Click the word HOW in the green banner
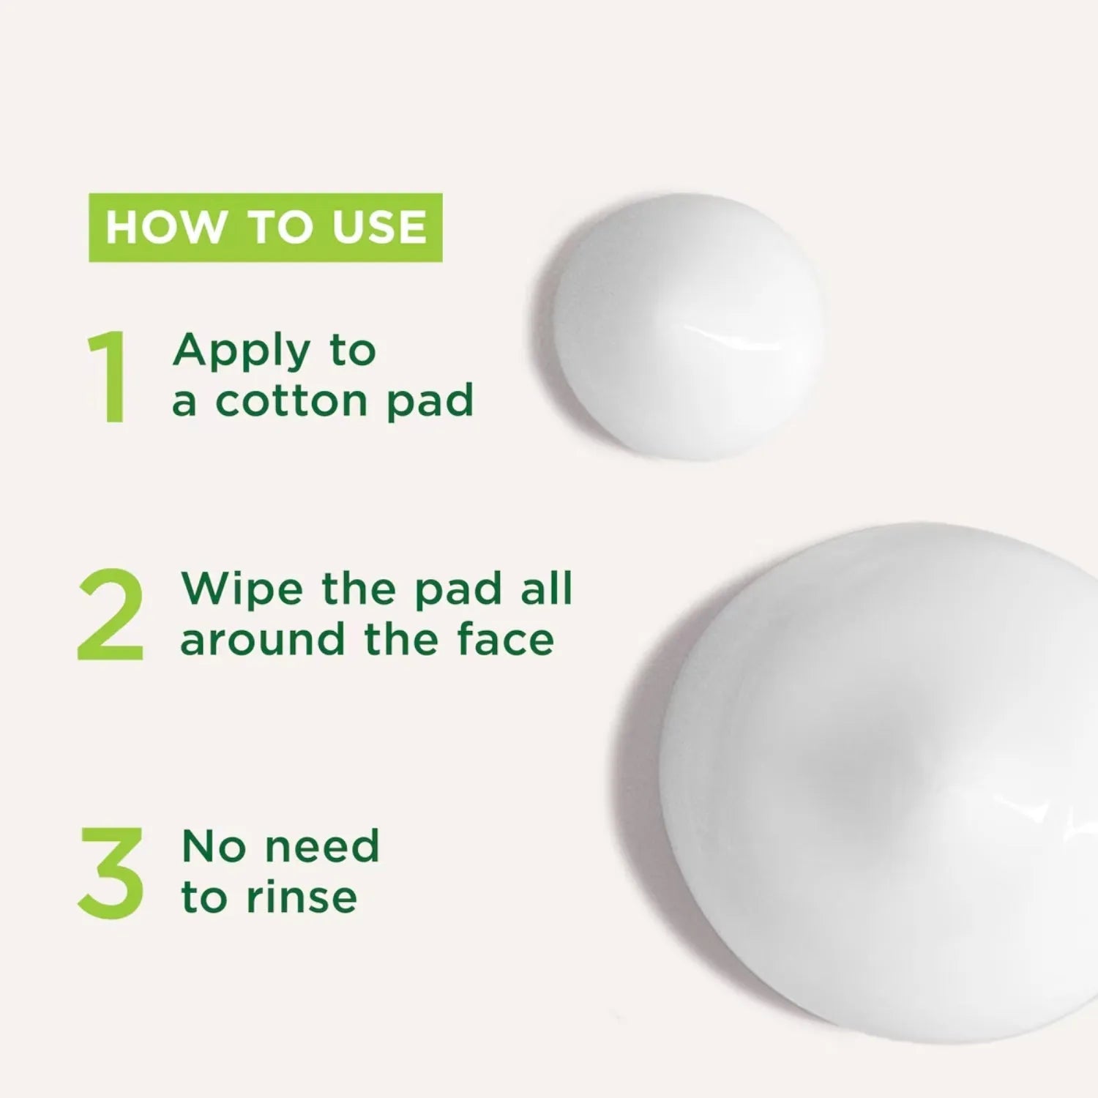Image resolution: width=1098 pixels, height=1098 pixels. coord(165,227)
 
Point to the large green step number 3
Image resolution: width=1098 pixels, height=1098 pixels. coord(111,873)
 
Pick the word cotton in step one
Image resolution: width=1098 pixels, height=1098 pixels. coord(291,400)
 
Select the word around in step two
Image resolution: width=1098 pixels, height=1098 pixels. coord(262,639)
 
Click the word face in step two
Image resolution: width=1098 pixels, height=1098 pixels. coord(505,639)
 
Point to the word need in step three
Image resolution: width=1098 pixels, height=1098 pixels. coord(321,846)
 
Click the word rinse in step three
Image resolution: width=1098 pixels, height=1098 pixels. coord(302,897)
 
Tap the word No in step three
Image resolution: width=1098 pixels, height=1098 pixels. coord(213,846)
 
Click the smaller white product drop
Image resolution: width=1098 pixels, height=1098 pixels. coord(688,326)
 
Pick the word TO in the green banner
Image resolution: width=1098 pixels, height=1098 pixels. coord(279,227)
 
